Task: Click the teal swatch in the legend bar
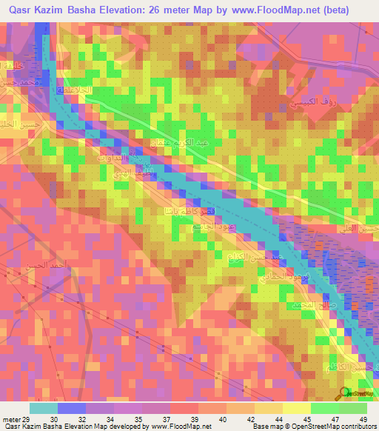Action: (43, 409)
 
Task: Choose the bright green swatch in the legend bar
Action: (353, 409)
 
